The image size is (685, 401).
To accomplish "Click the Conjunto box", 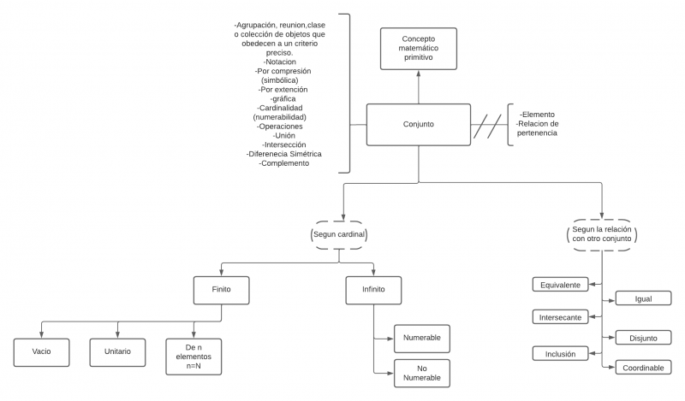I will (x=418, y=124).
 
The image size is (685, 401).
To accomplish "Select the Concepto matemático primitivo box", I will (x=418, y=49).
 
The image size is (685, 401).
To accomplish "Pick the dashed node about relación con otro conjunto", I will (x=604, y=233).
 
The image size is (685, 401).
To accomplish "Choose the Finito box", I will (x=222, y=290).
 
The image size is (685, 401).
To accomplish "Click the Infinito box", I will (x=373, y=290).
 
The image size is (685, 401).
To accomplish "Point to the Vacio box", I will (x=43, y=351).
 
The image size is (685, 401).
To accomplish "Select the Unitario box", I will (x=118, y=351).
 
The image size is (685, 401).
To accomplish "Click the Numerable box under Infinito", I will (x=421, y=338).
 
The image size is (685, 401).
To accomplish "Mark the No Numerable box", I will (x=421, y=372).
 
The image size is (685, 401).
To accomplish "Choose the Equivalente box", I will (x=561, y=285).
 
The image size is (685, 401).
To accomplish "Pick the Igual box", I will (x=643, y=298).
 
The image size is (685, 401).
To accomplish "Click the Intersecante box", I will (x=561, y=317).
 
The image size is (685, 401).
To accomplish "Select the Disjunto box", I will (x=643, y=338).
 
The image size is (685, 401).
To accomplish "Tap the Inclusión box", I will (x=561, y=353).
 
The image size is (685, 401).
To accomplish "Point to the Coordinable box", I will (x=643, y=367).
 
